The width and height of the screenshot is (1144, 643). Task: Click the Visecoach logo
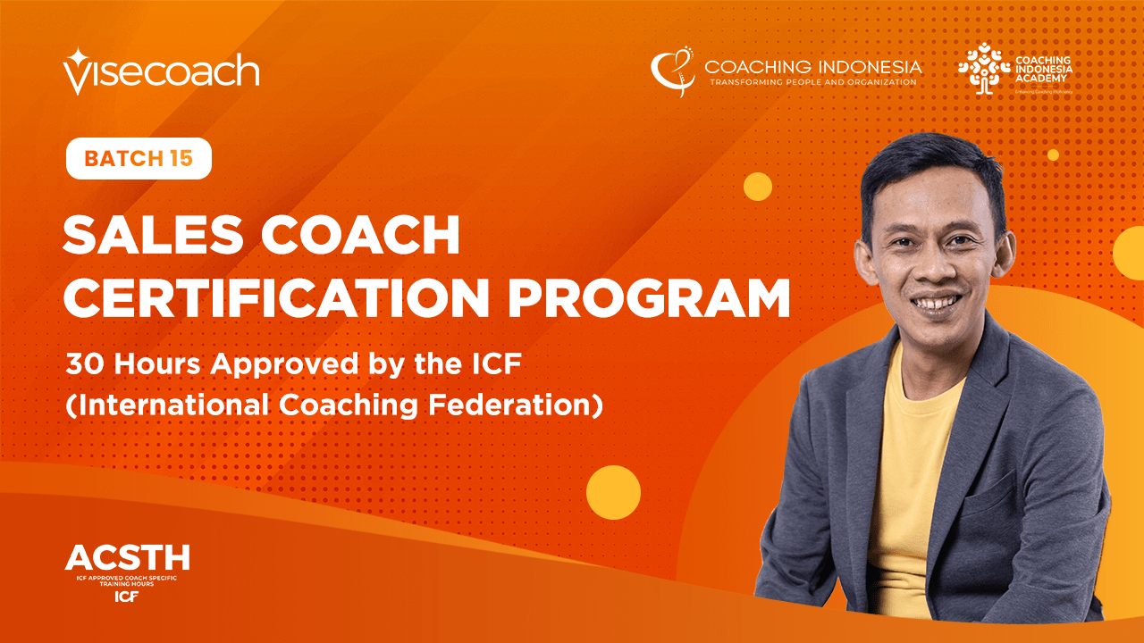tap(161, 71)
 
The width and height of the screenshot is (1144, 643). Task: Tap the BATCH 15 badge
tap(139, 159)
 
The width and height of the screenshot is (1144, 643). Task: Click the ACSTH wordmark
tap(127, 558)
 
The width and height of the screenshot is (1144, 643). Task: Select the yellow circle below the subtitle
tap(613, 492)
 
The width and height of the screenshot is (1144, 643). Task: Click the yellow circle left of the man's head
tap(757, 187)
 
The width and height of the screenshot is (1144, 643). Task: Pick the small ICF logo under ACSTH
tap(127, 597)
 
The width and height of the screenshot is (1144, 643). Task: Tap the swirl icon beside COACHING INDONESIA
tap(672, 71)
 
